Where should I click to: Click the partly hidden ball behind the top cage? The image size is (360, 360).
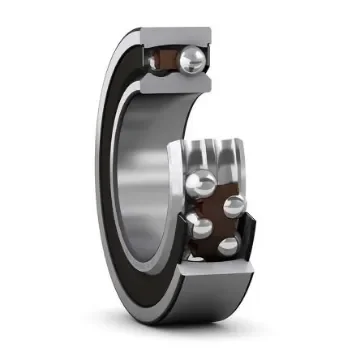tap(158, 61)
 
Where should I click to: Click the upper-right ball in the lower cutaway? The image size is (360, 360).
tap(235, 207)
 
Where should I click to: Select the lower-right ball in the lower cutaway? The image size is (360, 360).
tap(229, 245)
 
